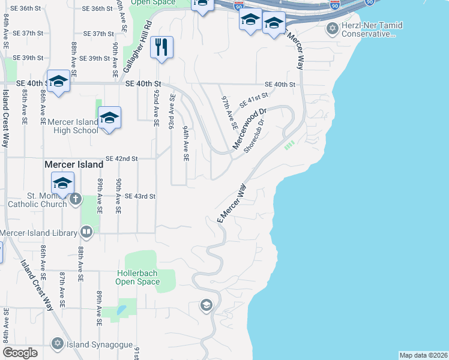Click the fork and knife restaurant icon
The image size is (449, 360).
161,47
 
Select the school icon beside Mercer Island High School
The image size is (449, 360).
109,118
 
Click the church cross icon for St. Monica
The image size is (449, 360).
75,199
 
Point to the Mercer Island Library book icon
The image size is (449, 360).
86,232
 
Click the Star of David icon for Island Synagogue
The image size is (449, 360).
58,344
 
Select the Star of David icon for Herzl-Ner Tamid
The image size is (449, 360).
332,28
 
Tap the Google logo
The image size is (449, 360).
20,353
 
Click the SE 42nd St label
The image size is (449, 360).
122,158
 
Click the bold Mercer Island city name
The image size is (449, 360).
74,164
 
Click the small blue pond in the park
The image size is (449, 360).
122,310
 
